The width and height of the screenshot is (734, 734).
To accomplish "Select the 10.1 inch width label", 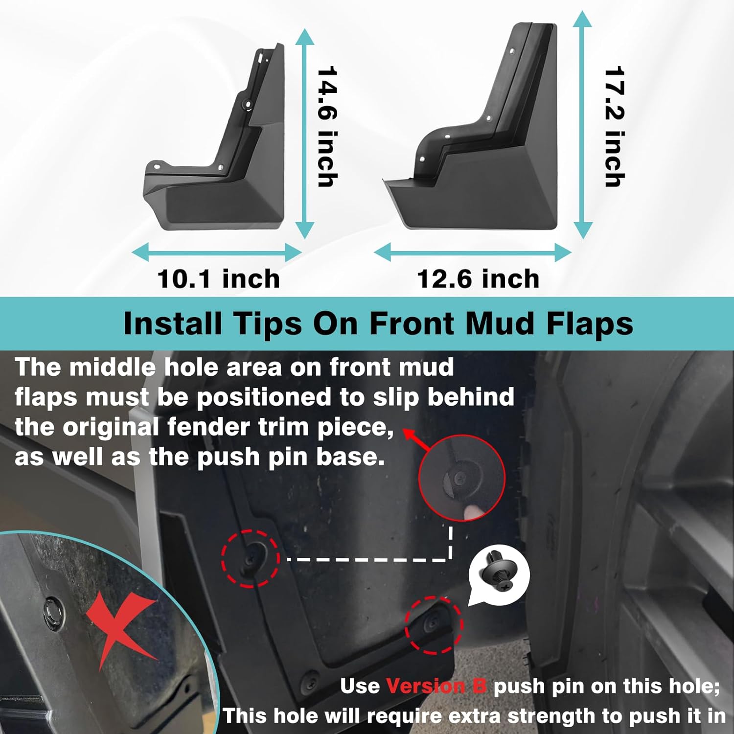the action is point(219,279).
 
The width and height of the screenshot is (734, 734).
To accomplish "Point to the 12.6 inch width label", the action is point(478,279).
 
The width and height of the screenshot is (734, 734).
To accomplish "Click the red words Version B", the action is point(436,686).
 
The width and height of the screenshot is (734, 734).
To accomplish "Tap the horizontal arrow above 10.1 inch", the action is point(217,252).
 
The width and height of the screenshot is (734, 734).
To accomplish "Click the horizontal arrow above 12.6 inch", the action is point(472,252).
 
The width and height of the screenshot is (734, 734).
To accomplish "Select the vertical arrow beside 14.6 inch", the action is point(305,133).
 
